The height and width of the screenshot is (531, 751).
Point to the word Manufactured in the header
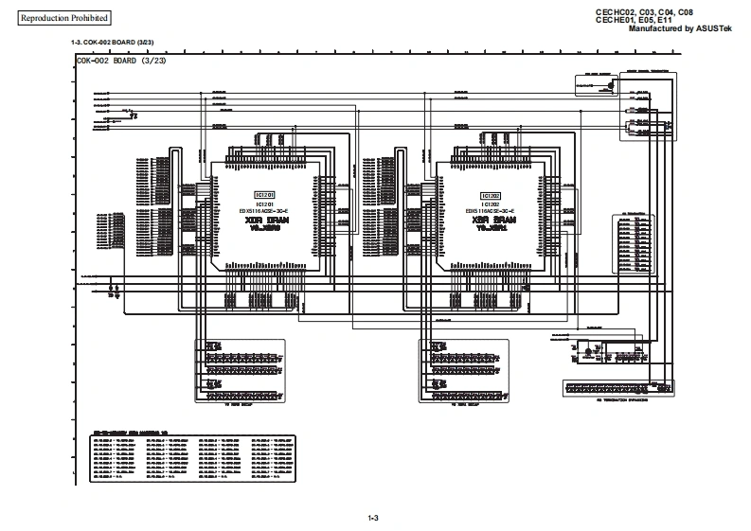click(656, 29)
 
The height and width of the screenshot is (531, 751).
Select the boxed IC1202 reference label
click(489, 193)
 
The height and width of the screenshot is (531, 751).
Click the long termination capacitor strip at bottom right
click(611, 388)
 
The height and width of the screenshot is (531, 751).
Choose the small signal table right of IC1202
click(632, 244)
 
